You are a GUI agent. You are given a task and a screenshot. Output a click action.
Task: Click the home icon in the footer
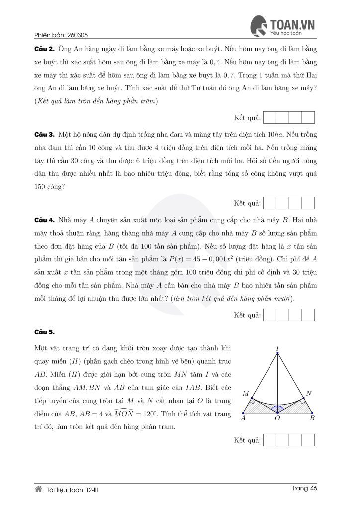click(38, 489)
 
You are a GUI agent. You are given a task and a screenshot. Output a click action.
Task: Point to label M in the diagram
click(245, 394)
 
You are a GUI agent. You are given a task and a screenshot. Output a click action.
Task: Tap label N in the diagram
click(309, 394)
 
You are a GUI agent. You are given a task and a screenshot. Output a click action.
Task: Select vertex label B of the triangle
click(312, 418)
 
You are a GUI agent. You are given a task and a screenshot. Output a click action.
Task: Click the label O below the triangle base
click(277, 419)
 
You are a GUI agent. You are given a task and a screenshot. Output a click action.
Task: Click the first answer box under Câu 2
click(270, 118)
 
